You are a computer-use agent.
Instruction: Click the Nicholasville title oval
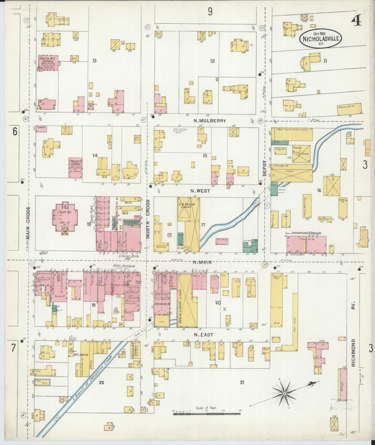(x=321, y=39)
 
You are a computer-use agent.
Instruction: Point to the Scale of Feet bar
(x=207, y=414)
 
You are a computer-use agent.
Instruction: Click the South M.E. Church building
(x=48, y=63)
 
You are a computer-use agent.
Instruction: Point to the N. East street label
(x=204, y=335)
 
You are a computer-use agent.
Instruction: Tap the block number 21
(x=242, y=382)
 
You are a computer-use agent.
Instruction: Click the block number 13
(x=94, y=61)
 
